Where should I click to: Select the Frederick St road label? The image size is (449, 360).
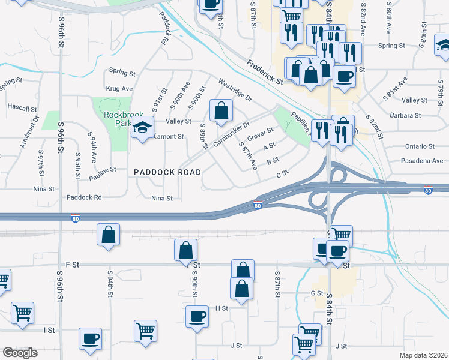[x=265, y=71]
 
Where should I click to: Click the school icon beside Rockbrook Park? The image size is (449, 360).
[x=143, y=128]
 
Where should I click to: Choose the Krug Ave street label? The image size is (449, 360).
[x=119, y=88]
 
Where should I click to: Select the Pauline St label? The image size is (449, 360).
[x=103, y=175]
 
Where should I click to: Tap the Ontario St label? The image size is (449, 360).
[x=420, y=146]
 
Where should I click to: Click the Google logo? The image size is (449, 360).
[x=20, y=353]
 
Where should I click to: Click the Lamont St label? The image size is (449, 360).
[x=167, y=137]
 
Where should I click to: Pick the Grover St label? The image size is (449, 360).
[x=260, y=133]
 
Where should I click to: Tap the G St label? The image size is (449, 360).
[x=317, y=293]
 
